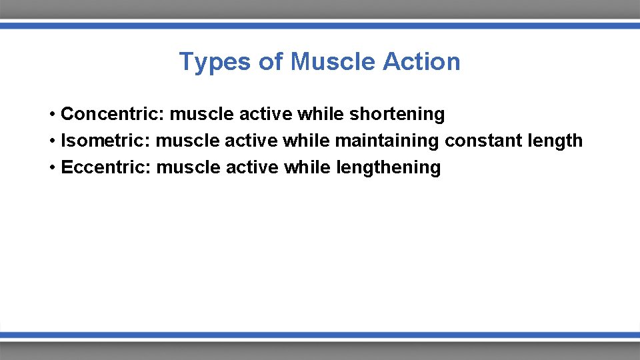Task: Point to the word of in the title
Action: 271,62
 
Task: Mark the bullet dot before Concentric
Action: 52,115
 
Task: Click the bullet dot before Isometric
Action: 52,141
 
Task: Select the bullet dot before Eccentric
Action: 52,168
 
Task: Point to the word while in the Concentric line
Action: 321,114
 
